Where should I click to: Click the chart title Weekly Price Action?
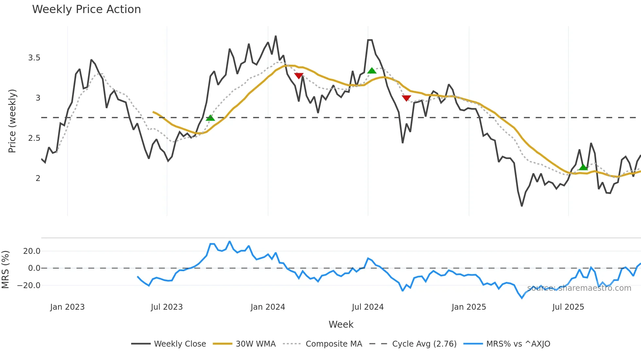click(x=86, y=9)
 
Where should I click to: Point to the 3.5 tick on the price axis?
click(x=34, y=58)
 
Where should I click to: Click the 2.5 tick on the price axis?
click(x=34, y=138)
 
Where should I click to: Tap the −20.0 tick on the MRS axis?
click(x=29, y=286)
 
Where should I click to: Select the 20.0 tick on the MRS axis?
click(x=32, y=251)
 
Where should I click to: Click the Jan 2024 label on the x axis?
click(x=268, y=307)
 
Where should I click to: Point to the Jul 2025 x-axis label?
click(x=568, y=307)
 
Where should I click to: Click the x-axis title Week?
click(x=341, y=324)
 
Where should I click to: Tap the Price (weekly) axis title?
click(x=12, y=121)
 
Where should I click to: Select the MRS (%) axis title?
click(x=6, y=270)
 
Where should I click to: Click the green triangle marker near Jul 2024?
click(x=372, y=71)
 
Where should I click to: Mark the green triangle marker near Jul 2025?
click(x=583, y=167)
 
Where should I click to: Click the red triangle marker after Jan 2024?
click(x=299, y=76)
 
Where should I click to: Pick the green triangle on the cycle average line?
click(x=210, y=118)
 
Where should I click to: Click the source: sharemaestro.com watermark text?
click(x=579, y=288)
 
